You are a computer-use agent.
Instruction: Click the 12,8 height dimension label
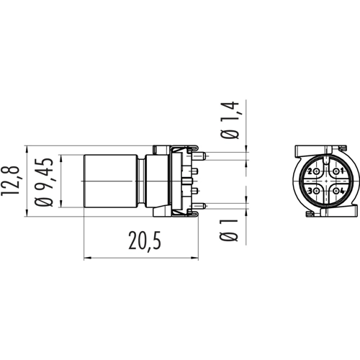(x=10, y=181)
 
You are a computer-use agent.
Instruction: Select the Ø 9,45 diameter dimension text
(x=44, y=182)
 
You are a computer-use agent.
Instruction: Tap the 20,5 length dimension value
(x=145, y=240)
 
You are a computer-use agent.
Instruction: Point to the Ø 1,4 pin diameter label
(x=230, y=120)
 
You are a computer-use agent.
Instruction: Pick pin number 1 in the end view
(x=342, y=171)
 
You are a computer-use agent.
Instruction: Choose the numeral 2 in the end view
(x=310, y=171)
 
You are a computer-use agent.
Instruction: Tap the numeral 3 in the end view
(x=310, y=192)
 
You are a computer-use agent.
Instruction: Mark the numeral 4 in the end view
(x=342, y=192)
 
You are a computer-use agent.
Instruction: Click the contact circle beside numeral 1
(x=336, y=171)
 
